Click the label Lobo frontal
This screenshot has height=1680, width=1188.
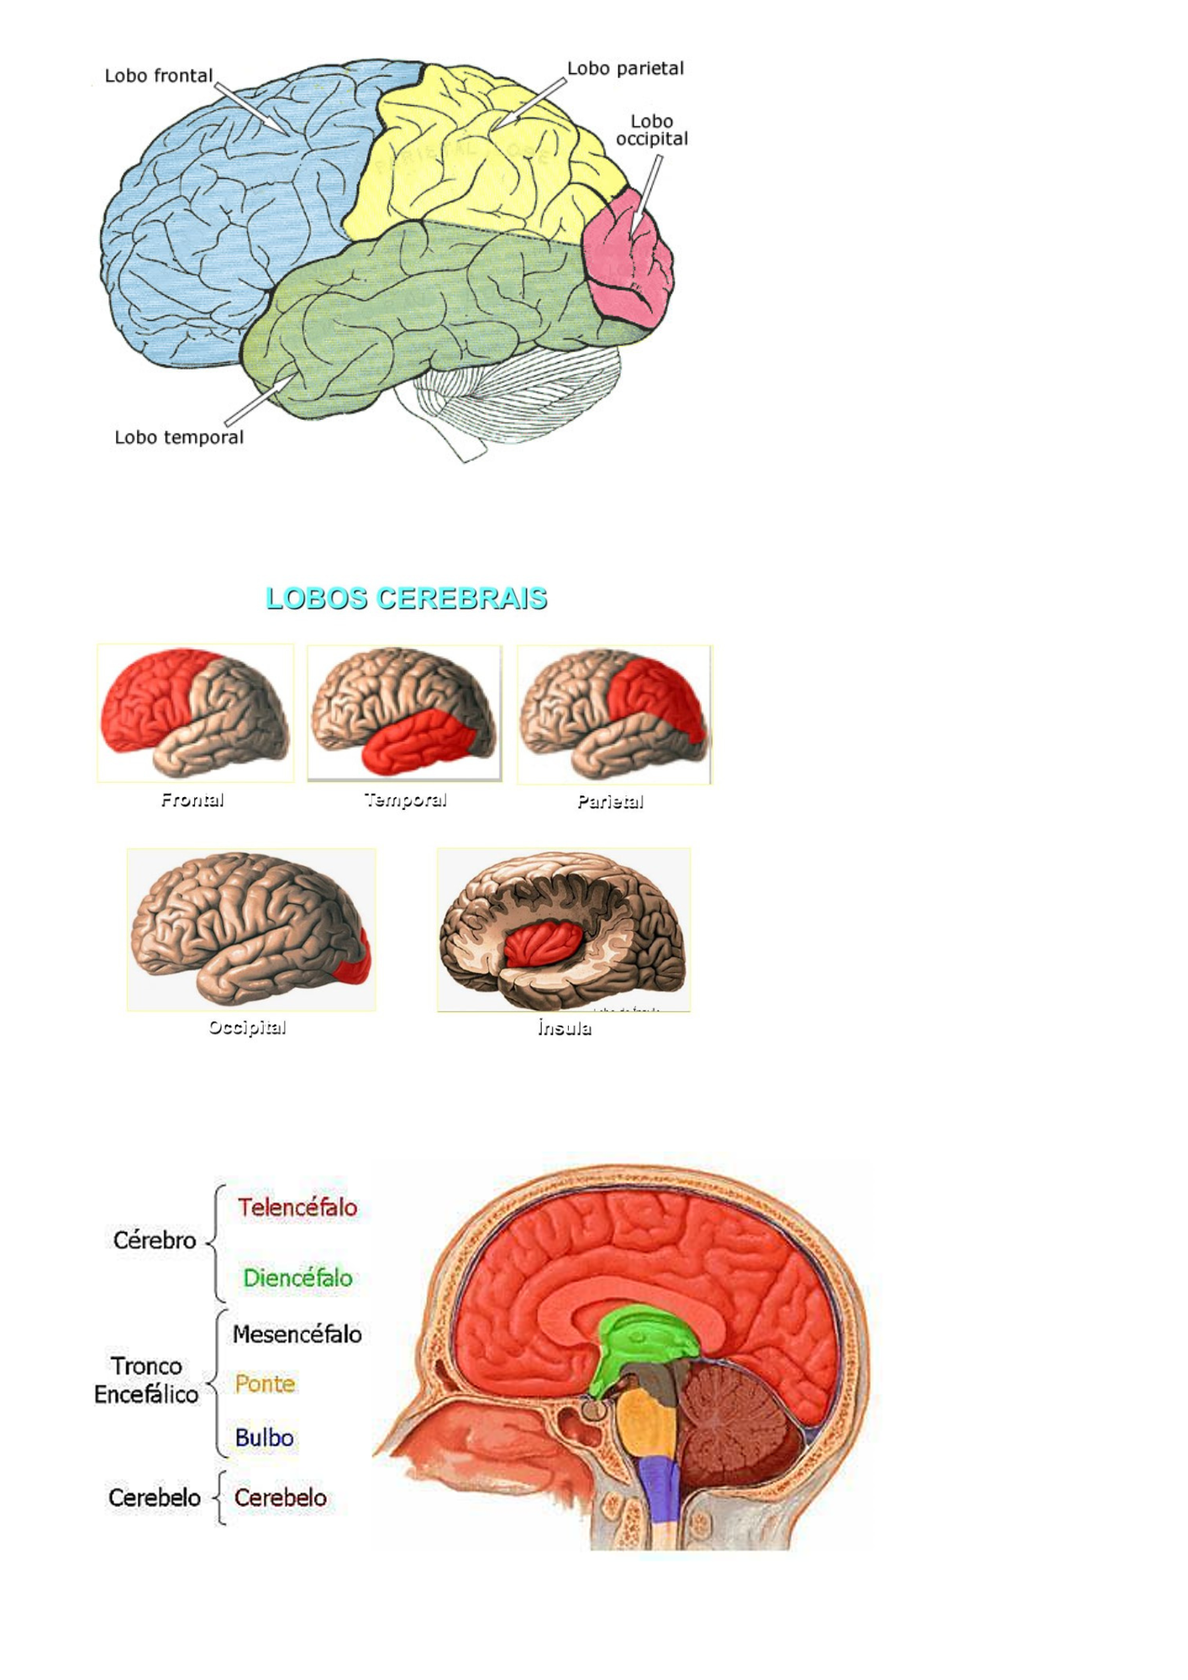tap(159, 76)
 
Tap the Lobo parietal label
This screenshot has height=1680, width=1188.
tap(625, 69)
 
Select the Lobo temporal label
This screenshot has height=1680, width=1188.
tap(179, 438)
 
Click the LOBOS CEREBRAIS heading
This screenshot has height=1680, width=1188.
tap(406, 598)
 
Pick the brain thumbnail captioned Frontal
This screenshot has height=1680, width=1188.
tap(195, 713)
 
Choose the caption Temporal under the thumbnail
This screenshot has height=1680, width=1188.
tap(405, 800)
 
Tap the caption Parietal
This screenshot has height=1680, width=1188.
tap(611, 801)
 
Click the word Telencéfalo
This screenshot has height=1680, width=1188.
tap(297, 1208)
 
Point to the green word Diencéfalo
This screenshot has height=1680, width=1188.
tap(297, 1278)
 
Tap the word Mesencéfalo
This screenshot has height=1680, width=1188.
tap(297, 1334)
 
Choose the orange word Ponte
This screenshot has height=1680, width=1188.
tap(265, 1384)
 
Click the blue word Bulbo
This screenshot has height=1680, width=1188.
tap(264, 1438)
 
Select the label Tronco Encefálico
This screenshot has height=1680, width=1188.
tap(146, 1380)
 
